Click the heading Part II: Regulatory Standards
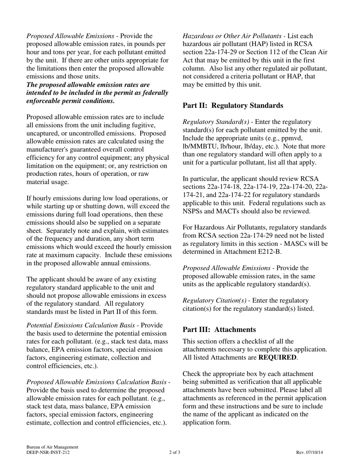(233, 106)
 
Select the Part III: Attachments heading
(219, 329)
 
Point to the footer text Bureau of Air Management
(52, 447)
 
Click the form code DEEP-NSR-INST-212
(48, 452)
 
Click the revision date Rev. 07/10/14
(310, 452)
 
